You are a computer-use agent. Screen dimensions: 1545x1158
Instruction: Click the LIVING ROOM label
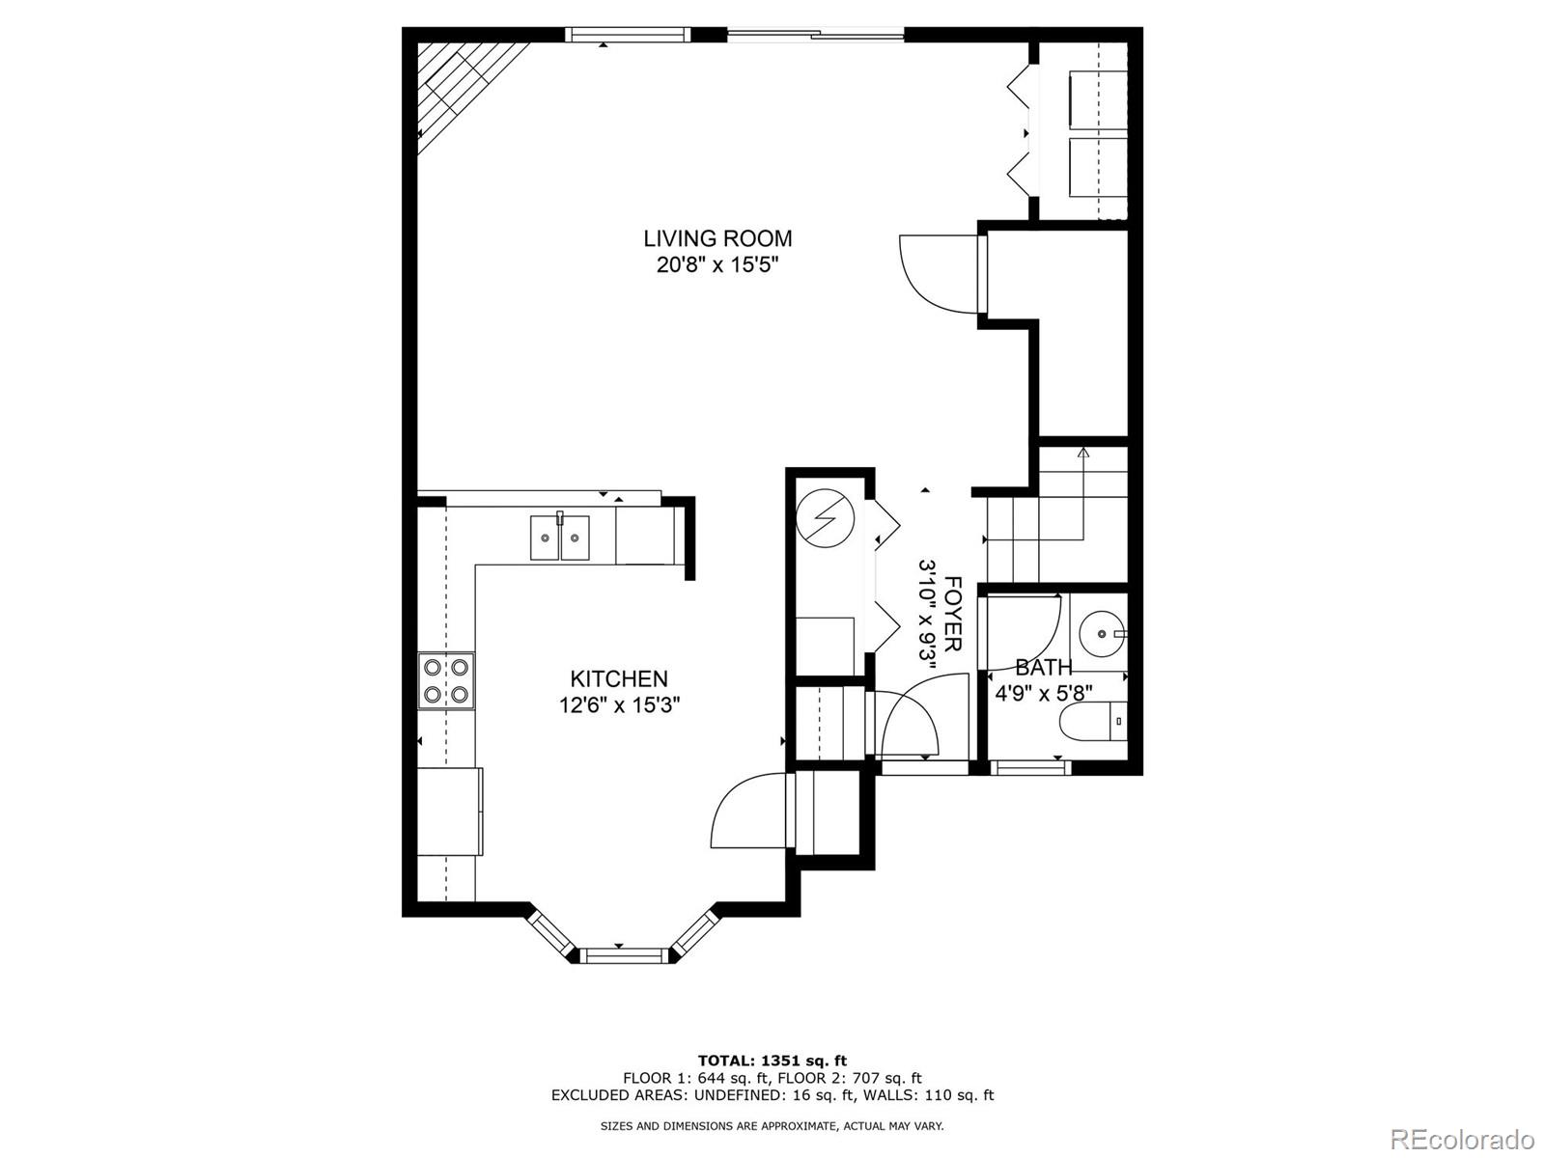click(x=717, y=238)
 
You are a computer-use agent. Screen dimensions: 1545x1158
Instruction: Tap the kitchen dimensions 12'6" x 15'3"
click(x=619, y=704)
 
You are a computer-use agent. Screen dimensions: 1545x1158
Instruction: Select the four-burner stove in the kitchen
click(x=445, y=680)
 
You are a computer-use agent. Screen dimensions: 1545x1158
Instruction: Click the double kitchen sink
click(x=559, y=537)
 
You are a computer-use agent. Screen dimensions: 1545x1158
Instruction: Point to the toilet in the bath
click(x=1093, y=722)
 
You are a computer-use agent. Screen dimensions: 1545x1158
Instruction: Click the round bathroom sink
click(x=1103, y=633)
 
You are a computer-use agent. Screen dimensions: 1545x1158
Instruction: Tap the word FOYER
click(x=952, y=614)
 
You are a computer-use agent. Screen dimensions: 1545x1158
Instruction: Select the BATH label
click(x=1044, y=667)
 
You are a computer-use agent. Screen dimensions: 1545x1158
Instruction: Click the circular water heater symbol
click(x=825, y=518)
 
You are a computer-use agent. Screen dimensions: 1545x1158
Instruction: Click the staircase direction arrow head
click(x=1083, y=452)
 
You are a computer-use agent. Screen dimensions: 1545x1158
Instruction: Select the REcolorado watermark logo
click(x=1467, y=1137)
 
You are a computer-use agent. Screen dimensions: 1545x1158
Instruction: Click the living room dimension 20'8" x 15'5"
click(x=717, y=265)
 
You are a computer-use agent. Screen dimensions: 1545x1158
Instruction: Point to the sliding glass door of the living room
click(x=815, y=32)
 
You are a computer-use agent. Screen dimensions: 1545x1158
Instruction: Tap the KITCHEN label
click(x=619, y=678)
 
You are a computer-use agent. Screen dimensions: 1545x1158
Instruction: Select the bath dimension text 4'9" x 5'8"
click(x=1043, y=694)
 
